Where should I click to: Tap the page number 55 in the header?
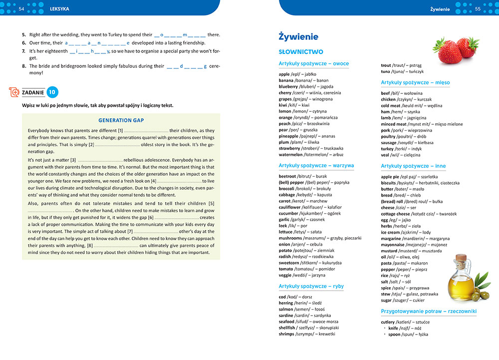tap(478, 9)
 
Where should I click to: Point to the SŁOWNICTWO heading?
tap(301, 51)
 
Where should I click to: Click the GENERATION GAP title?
tap(121, 120)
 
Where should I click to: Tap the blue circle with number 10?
tap(52, 92)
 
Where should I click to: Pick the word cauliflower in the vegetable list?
tap(293, 207)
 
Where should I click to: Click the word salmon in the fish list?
tap(286, 310)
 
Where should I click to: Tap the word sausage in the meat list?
tap(390, 142)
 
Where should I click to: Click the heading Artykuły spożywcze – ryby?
tap(311, 286)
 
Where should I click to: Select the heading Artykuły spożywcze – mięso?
tap(415, 82)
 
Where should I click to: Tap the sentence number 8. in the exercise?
tap(24, 66)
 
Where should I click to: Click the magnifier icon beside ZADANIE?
tap(14, 92)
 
